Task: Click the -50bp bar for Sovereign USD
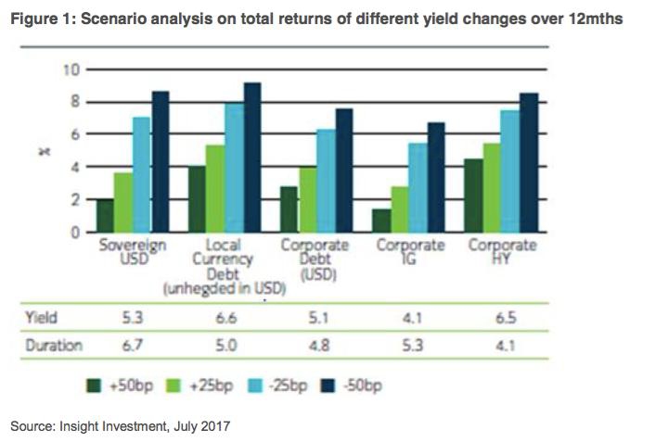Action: tap(160, 162)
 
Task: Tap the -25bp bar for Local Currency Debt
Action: tap(233, 168)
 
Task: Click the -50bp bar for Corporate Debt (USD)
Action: tap(343, 170)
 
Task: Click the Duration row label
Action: tap(52, 346)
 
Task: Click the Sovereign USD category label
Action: tap(132, 252)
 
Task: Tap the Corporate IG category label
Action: tap(411, 252)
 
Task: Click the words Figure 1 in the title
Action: tap(39, 19)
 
